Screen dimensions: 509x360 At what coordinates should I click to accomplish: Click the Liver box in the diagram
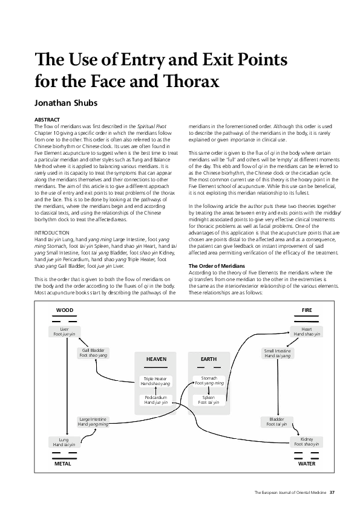(x=65, y=331)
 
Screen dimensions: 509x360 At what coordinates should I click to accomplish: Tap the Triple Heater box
(x=155, y=381)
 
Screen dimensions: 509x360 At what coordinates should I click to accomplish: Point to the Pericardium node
(x=155, y=400)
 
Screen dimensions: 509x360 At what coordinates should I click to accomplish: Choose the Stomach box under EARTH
(x=209, y=380)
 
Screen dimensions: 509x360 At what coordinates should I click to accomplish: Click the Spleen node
(x=209, y=400)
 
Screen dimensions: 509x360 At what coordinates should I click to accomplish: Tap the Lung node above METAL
(x=64, y=441)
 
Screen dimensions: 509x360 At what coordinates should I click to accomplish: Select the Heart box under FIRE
(x=306, y=331)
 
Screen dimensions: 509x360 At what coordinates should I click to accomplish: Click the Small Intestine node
(x=277, y=353)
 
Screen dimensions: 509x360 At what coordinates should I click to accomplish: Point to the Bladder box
(x=277, y=421)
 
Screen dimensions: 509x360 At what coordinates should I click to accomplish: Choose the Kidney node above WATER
(x=306, y=441)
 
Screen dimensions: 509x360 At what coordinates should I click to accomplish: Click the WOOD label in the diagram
(x=64, y=310)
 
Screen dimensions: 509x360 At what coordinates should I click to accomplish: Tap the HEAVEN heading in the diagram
(x=155, y=359)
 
